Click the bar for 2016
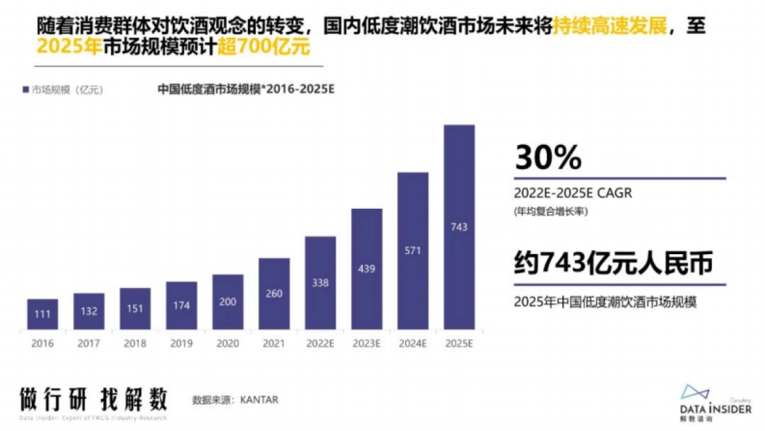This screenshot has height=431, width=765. pyautogui.click(x=42, y=314)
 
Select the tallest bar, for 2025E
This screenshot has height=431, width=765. pyautogui.click(x=459, y=227)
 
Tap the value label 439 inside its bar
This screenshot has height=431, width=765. pyautogui.click(x=367, y=269)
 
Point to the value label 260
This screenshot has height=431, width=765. pyautogui.click(x=274, y=294)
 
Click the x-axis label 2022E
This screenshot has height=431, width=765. pyautogui.click(x=320, y=344)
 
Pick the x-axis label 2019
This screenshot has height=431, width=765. pyautogui.click(x=181, y=344)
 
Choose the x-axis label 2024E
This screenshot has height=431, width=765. pyautogui.click(x=412, y=344)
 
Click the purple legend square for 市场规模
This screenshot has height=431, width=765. pyautogui.click(x=25, y=90)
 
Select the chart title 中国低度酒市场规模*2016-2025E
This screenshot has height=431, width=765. pyautogui.click(x=246, y=89)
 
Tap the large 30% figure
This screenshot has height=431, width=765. pyautogui.click(x=548, y=158)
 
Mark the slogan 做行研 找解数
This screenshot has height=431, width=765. pyautogui.click(x=93, y=398)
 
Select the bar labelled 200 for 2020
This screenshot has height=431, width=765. pyautogui.click(x=228, y=302)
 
